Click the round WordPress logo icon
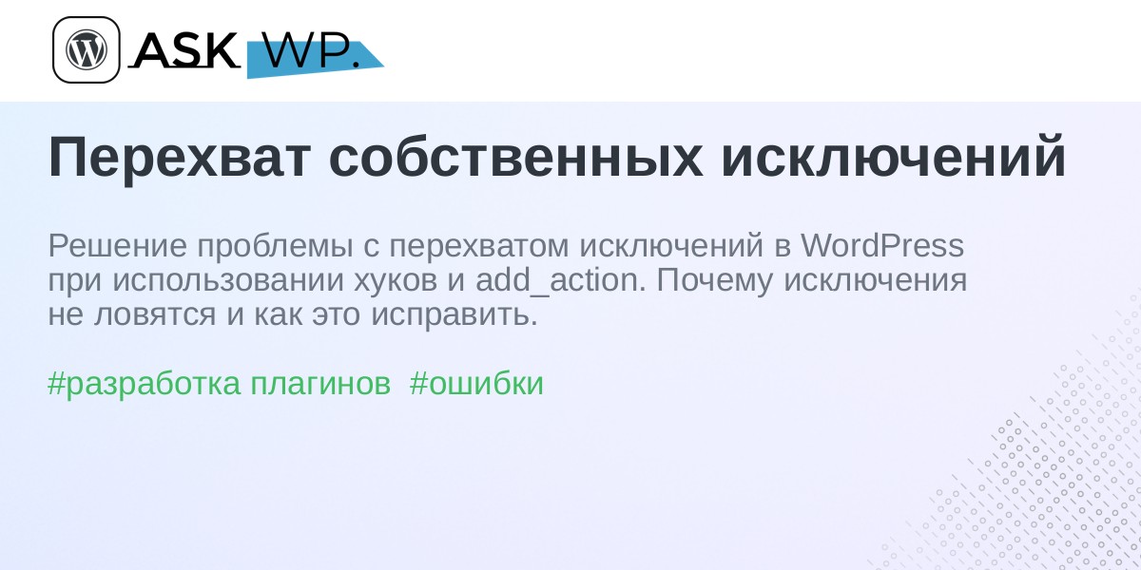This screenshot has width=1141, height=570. click(x=87, y=49)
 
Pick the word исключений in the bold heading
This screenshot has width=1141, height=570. click(x=894, y=155)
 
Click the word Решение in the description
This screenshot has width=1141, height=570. click(x=118, y=245)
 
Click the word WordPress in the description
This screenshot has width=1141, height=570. click(x=882, y=245)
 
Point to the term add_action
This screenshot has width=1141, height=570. click(x=561, y=280)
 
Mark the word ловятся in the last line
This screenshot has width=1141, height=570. click(x=155, y=315)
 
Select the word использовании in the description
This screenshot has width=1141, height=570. click(x=227, y=279)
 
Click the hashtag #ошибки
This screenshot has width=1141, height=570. click(x=476, y=383)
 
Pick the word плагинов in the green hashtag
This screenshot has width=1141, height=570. click(x=320, y=384)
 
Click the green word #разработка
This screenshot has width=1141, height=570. click(x=144, y=385)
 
